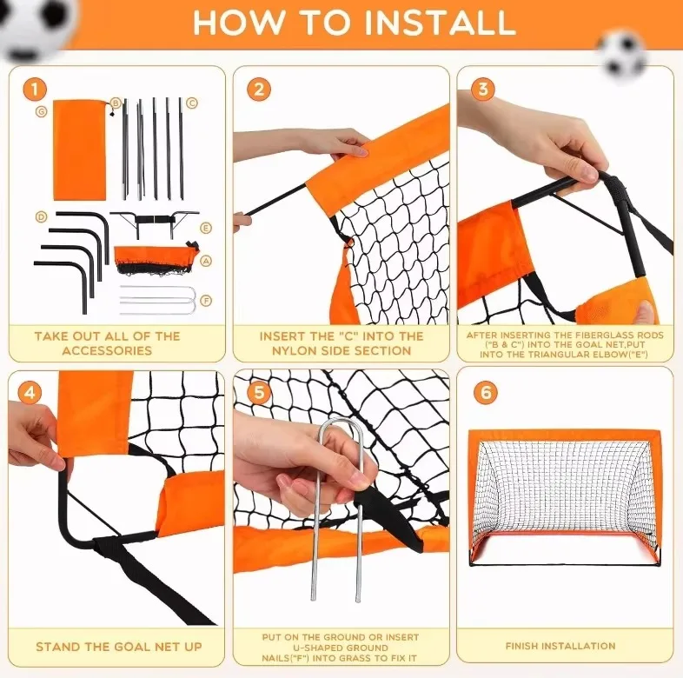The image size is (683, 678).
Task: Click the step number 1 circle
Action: tap(35, 88)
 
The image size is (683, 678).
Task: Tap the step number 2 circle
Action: tap(258, 90)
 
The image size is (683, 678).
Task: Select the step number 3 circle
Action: tap(484, 90)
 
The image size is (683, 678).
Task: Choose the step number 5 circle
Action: tap(258, 392)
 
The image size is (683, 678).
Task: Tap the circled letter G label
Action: tap(41, 111)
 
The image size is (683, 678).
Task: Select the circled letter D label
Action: tap(41, 216)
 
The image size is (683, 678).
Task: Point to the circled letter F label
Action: tap(206, 301)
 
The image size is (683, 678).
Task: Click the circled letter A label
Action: tap(206, 260)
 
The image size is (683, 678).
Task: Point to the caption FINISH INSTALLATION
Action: tap(560, 646)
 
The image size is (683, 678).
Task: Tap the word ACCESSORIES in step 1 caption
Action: tap(107, 350)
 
